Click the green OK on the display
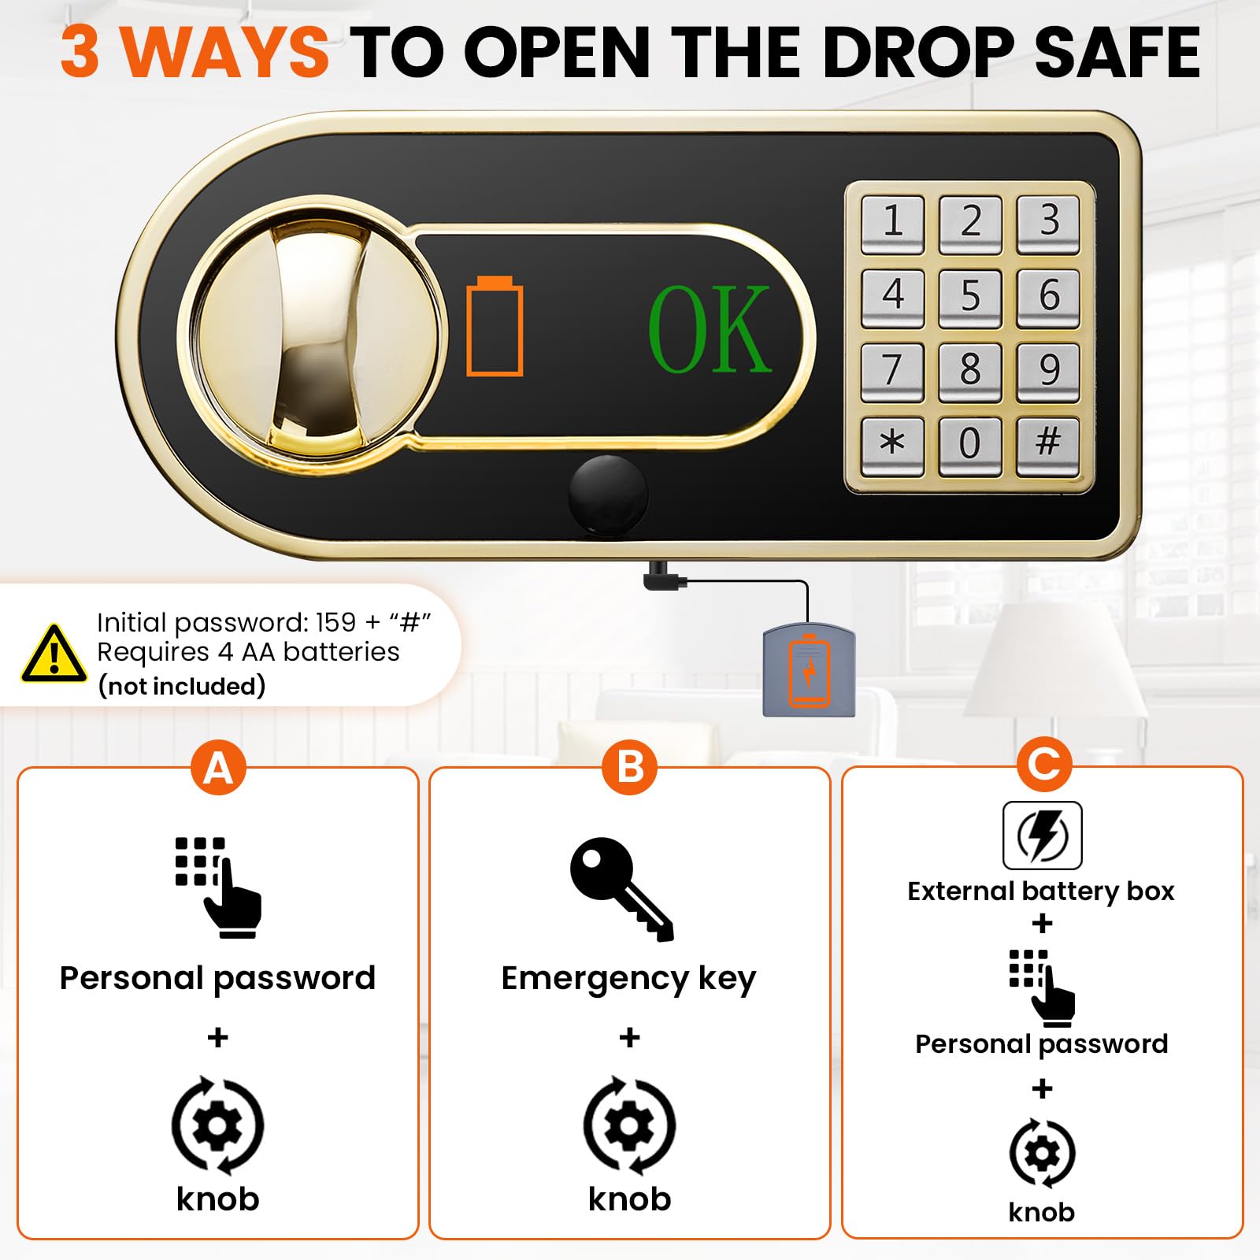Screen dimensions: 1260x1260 [709, 328]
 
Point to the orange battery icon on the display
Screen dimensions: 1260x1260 [495, 326]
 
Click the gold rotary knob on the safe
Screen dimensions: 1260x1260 [309, 335]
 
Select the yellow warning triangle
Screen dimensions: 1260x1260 [54, 654]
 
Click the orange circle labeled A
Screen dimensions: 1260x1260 [218, 767]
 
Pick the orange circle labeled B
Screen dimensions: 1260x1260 [629, 767]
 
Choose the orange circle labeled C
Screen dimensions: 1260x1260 [1044, 764]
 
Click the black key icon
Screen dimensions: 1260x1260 [622, 889]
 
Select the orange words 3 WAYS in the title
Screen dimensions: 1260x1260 [195, 52]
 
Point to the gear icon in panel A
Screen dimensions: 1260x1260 [218, 1125]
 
